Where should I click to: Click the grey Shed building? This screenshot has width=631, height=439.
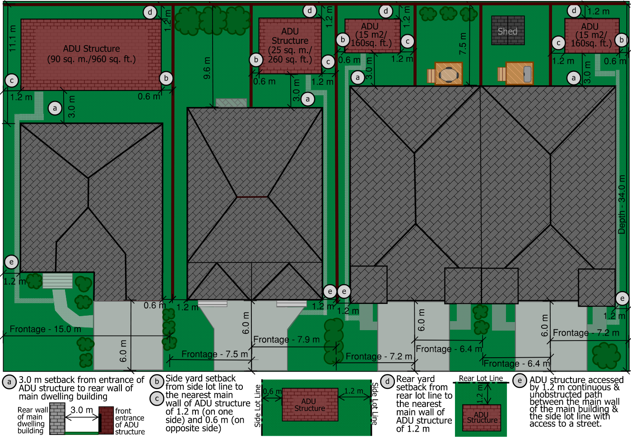[x=508, y=30]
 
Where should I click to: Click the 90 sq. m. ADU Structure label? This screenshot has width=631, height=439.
[x=92, y=54]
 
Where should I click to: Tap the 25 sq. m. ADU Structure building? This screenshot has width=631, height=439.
[x=290, y=46]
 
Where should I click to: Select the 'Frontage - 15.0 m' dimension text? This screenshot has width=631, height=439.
[x=46, y=329]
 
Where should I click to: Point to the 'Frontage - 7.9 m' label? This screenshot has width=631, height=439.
[x=286, y=340]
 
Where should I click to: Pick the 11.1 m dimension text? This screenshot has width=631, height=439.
[x=12, y=38]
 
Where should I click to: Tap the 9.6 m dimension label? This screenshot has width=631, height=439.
[x=207, y=68]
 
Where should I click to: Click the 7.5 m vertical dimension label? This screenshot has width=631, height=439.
[x=463, y=44]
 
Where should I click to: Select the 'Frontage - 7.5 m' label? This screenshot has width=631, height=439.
[x=214, y=354]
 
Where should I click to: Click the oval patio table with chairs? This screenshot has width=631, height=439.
[x=448, y=74]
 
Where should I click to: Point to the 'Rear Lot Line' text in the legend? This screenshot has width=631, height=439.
[x=481, y=378]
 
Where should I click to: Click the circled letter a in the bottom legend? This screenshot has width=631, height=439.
[x=9, y=382]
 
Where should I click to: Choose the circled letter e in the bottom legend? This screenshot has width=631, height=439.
[x=520, y=381]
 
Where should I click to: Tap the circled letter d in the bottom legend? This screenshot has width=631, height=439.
[x=387, y=381]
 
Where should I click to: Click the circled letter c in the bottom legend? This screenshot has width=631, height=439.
[x=157, y=399]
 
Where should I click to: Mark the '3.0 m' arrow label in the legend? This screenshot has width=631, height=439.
[x=81, y=410]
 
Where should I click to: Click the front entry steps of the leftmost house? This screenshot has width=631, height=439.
[x=57, y=280]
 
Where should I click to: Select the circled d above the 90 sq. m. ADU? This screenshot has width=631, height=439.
[x=150, y=12]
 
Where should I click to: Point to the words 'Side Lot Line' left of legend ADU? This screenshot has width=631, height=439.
[x=258, y=406]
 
